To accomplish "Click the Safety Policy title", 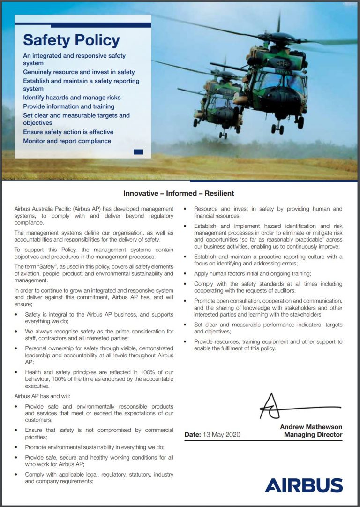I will tap(71, 40).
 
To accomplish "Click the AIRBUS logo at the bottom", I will tap(303, 485).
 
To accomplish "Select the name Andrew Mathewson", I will tap(311, 427).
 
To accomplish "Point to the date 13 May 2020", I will tap(221, 435).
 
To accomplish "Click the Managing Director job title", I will tap(313, 435).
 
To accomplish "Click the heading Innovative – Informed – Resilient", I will tap(179, 193).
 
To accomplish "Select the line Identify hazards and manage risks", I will tap(72, 98).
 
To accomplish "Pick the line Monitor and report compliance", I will tap(67, 141).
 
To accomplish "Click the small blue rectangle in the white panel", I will tap(138, 151).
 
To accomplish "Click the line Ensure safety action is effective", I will tap(68, 132).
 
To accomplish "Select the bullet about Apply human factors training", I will tap(252, 273).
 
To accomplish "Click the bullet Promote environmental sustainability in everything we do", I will tap(94, 447).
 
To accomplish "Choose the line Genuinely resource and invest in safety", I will tap(79, 72).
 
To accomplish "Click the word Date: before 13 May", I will tap(192, 435).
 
